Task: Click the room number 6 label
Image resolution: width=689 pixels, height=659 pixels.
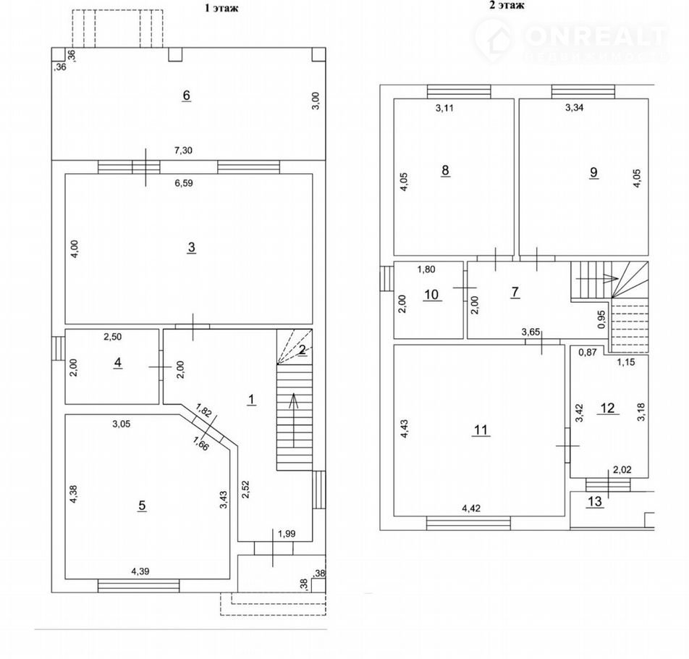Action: pos(186,96)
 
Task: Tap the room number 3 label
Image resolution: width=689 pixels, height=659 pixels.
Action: pos(191,248)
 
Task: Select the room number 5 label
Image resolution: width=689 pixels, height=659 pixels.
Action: pos(142,505)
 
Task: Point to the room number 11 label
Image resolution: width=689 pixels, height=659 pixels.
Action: pos(481,429)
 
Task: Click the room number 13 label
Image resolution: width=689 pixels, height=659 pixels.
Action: pos(594,501)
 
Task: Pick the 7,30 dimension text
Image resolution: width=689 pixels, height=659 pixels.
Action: pos(183,151)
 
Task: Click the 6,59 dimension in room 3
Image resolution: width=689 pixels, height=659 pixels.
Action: pos(184,183)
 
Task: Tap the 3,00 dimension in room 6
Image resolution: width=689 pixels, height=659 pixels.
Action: pos(316,101)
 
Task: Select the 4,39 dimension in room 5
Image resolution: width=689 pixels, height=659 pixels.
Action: pos(140,571)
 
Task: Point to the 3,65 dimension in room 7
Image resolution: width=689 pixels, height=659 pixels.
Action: pos(531,332)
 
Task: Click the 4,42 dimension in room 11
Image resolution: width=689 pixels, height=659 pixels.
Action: pos(471,508)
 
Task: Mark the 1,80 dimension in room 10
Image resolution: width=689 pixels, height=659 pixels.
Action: pos(426,269)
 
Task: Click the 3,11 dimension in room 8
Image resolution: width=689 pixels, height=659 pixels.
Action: pos(444,108)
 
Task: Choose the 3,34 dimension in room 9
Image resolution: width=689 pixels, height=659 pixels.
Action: pos(575,108)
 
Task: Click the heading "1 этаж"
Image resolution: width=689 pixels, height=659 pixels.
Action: pos(221,8)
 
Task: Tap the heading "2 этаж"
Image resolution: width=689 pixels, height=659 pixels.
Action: pos(507,5)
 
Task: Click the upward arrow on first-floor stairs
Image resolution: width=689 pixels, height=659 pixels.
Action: pos(294,419)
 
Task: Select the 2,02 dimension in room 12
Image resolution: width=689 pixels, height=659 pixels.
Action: pos(622,470)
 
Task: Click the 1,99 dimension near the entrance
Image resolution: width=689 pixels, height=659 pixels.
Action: pos(287,534)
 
